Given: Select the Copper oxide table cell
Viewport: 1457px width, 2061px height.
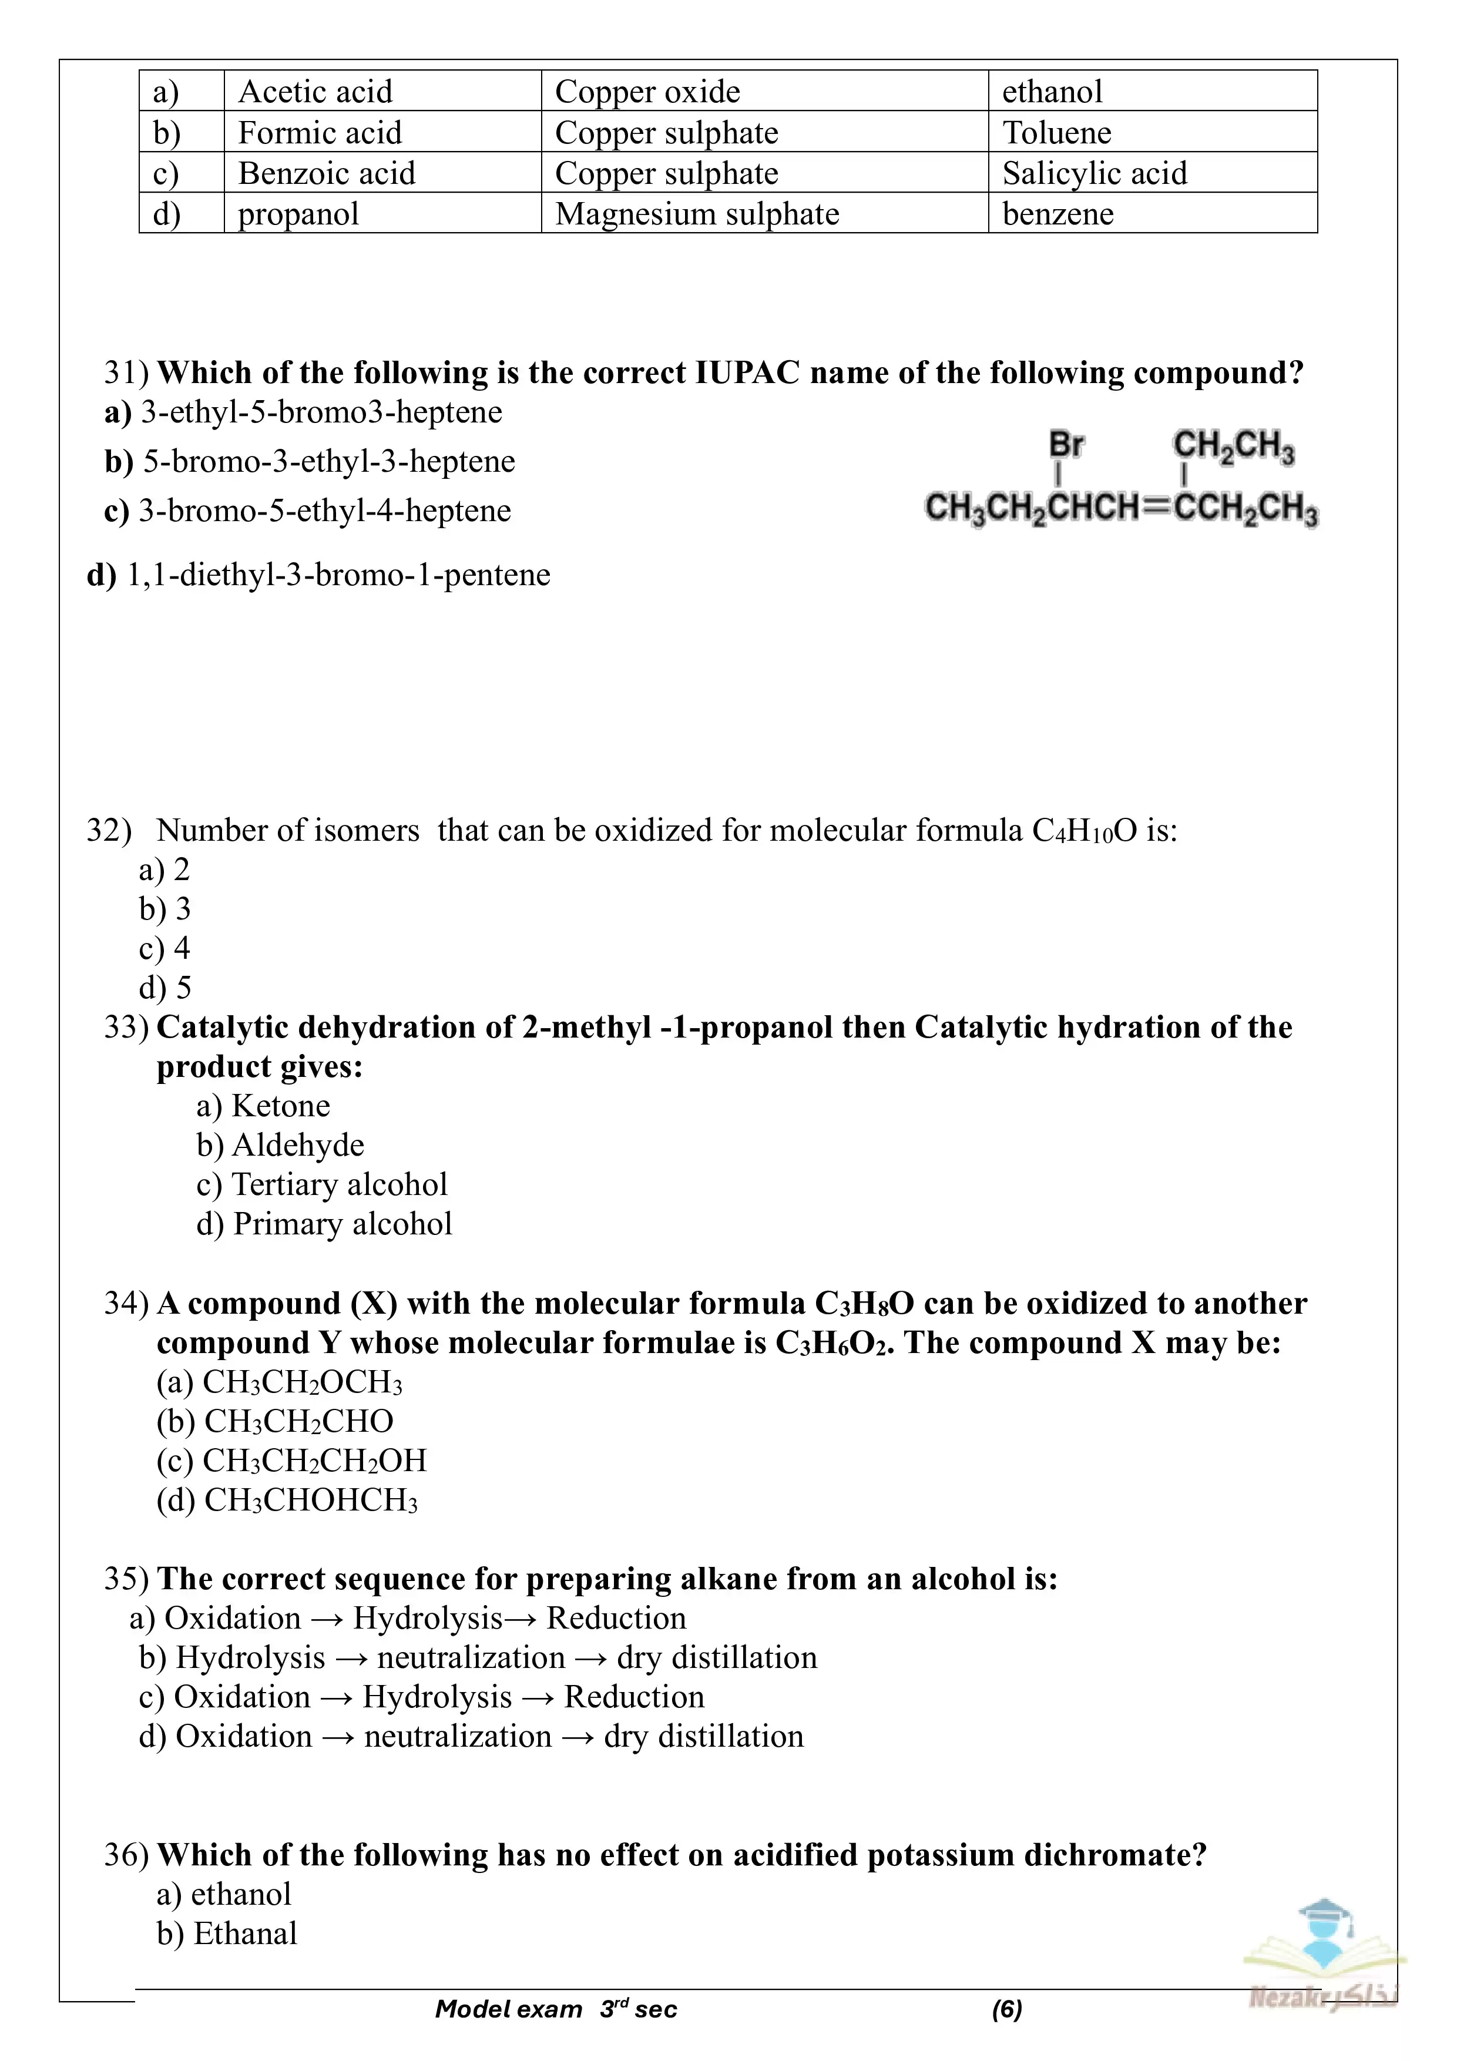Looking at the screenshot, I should coord(647,92).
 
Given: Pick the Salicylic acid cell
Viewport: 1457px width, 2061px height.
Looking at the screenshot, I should coord(1095,173).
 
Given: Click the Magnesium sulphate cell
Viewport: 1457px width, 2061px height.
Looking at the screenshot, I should coord(697,214).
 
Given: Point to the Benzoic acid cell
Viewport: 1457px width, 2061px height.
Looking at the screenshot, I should coord(327,173).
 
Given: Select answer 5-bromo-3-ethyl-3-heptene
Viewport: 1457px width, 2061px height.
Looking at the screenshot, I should coord(328,461).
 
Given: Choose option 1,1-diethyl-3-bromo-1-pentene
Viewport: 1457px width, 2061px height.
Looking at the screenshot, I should coord(338,575).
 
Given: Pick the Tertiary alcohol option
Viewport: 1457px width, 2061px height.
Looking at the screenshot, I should coord(340,1185).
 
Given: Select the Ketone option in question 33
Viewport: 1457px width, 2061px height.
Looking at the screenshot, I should coord(280,1106).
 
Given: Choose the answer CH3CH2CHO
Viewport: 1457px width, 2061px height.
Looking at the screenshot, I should coord(298,1422).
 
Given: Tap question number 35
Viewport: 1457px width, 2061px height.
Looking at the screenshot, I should coord(126,1579).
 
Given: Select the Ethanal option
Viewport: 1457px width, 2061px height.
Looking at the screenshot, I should coord(244,1935).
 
